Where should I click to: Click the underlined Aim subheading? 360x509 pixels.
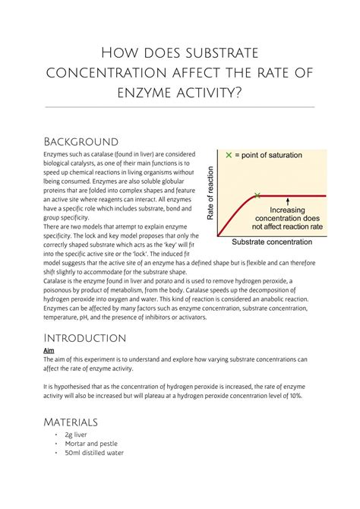coord(48,351)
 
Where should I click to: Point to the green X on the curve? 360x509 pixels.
coord(257,195)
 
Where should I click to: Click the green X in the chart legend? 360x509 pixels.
coord(228,155)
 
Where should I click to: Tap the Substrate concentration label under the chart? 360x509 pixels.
coord(271,242)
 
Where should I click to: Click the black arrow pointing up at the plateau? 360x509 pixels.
coord(288,202)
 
